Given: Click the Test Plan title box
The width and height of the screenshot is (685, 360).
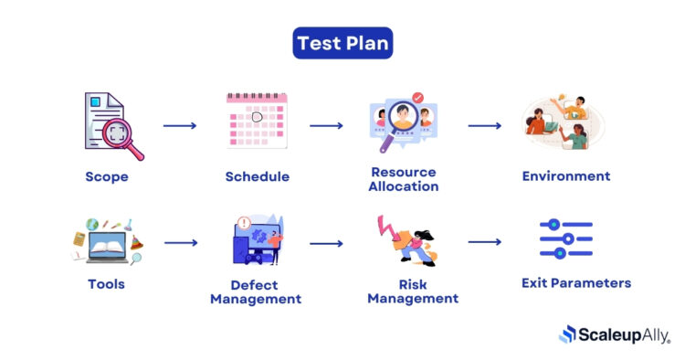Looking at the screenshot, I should [x=342, y=43].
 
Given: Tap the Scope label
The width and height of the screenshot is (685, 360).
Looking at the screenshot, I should [x=107, y=175].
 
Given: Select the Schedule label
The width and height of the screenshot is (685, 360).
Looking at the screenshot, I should [x=258, y=175].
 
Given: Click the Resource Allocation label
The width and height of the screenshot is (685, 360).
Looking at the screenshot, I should [x=404, y=179].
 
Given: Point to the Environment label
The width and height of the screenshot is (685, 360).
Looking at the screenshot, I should [x=566, y=175].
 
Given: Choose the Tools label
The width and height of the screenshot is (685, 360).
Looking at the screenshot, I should [x=106, y=283].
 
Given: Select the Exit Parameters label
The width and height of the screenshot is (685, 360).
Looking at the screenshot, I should [x=575, y=283].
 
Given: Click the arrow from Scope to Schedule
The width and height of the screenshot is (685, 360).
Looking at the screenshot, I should [x=180, y=125].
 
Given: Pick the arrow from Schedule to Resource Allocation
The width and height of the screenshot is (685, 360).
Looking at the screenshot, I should [x=327, y=125].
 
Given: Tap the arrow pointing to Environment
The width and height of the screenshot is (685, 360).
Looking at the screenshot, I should [x=485, y=125].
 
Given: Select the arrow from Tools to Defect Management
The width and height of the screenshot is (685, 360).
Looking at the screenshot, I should [x=180, y=243].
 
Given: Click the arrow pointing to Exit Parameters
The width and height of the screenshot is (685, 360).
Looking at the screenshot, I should [x=485, y=243].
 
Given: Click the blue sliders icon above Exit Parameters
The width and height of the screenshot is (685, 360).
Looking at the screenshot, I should [x=566, y=239].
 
